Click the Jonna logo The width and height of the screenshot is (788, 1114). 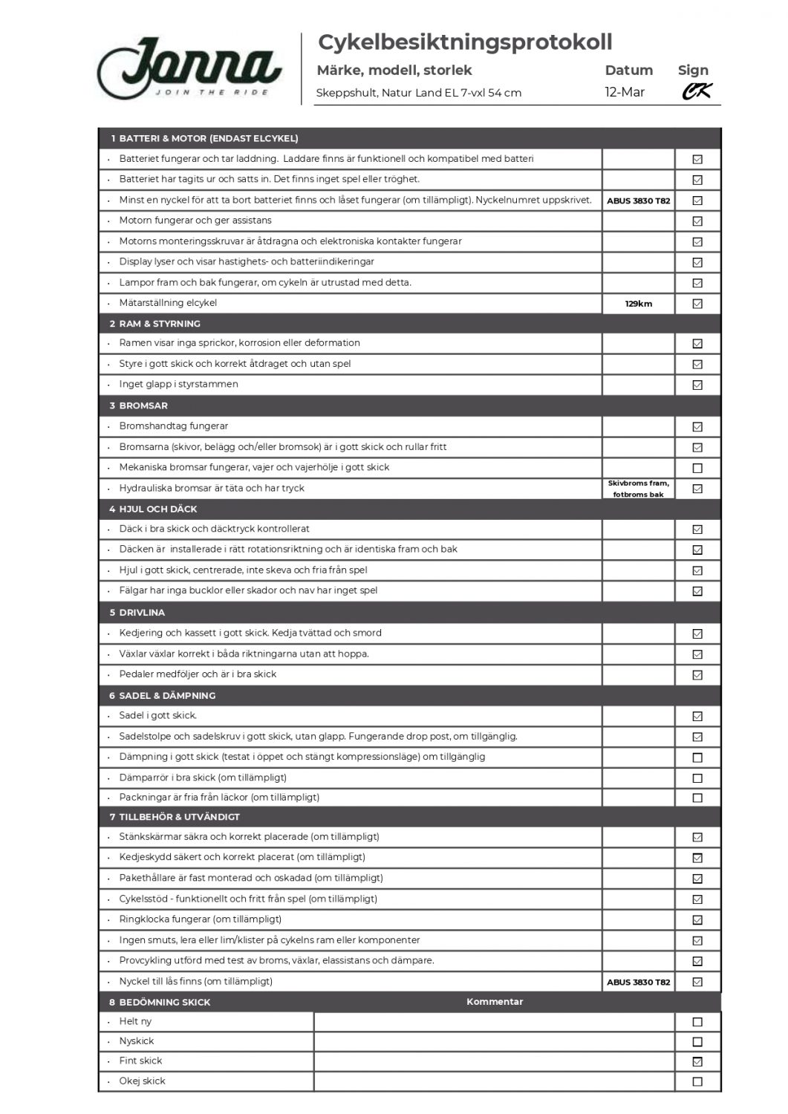coord(189,69)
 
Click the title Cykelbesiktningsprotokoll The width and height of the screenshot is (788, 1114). coord(465,42)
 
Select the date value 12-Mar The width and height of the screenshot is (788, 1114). coord(625,92)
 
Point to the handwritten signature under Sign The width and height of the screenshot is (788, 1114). coord(697,91)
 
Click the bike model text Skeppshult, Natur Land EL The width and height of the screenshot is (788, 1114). coord(418,93)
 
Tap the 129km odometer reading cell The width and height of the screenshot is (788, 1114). coord(638,304)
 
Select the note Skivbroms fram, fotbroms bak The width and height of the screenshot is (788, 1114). coord(638,489)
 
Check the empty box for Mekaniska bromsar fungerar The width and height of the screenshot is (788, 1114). coord(697,468)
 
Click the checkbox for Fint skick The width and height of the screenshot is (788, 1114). coord(697,1061)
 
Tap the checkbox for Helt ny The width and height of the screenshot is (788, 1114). coord(697,1022)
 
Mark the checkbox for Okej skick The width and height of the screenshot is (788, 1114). coord(697,1081)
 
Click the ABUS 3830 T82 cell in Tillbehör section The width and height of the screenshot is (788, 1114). coord(638,982)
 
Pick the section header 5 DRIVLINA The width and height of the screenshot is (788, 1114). coord(137,613)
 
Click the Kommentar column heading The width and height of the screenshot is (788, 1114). coord(495,1002)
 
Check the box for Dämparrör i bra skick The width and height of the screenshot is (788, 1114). coord(697,778)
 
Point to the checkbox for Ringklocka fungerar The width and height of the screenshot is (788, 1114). coord(697,919)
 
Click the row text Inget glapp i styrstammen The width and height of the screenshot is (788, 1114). coord(179,385)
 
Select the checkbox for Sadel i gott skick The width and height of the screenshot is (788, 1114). coord(697,717)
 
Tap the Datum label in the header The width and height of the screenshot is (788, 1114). coord(628,71)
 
